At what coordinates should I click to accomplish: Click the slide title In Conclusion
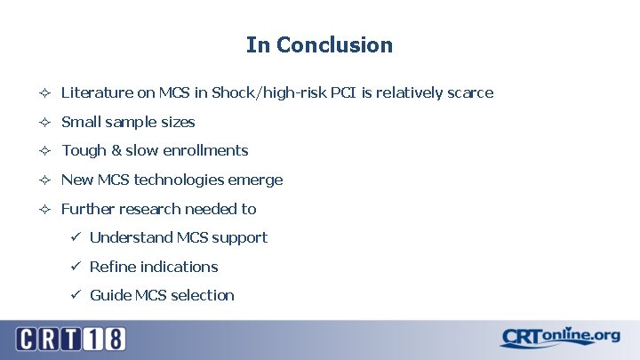tap(319, 44)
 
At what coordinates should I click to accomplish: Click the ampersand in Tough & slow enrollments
tap(115, 150)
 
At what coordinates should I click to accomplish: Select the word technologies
tap(179, 180)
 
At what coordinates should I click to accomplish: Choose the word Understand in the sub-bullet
tap(131, 237)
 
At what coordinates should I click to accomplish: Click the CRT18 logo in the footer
tap(70, 339)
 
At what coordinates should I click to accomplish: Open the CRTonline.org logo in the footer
tap(559, 337)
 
